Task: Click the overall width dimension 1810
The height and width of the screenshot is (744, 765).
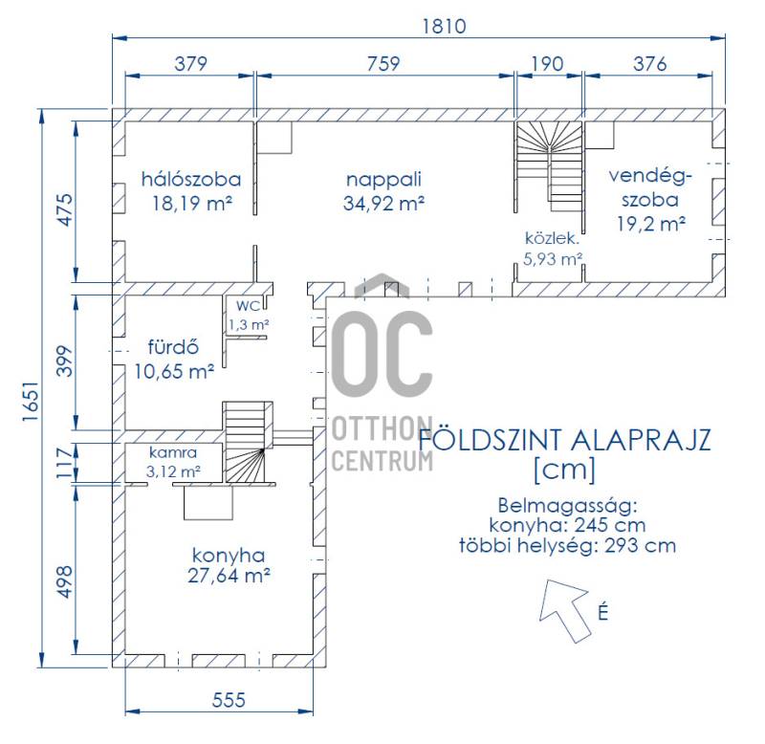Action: pos(444,26)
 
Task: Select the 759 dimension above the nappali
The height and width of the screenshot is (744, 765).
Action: pos(383,63)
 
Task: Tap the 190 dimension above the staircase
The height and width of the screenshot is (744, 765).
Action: pos(547,63)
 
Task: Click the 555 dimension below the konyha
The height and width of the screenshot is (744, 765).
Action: pos(229,701)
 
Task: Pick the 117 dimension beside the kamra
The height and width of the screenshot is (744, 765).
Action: pos(64,463)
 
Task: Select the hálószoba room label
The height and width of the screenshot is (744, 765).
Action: pos(191,179)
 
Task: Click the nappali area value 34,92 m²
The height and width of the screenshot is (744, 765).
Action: pos(383,203)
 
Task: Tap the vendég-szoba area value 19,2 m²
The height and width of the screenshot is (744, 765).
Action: pos(651,224)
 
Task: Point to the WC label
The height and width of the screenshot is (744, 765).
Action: pos(249,306)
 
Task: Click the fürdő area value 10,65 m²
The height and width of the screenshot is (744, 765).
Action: pos(174,372)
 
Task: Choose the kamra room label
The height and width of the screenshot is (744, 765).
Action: pos(173,452)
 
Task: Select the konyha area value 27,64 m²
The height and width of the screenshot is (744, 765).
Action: pos(229,576)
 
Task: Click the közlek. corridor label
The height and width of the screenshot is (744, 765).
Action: pos(552,238)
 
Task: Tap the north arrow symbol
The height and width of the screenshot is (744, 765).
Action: pos(565,609)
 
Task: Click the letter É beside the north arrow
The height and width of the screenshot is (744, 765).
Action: pos(603,612)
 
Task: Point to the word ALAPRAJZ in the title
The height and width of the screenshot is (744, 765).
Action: pos(641,440)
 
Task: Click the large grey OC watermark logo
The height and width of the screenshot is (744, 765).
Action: pos(382,352)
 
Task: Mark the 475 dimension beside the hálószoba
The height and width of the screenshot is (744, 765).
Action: pos(64,209)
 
